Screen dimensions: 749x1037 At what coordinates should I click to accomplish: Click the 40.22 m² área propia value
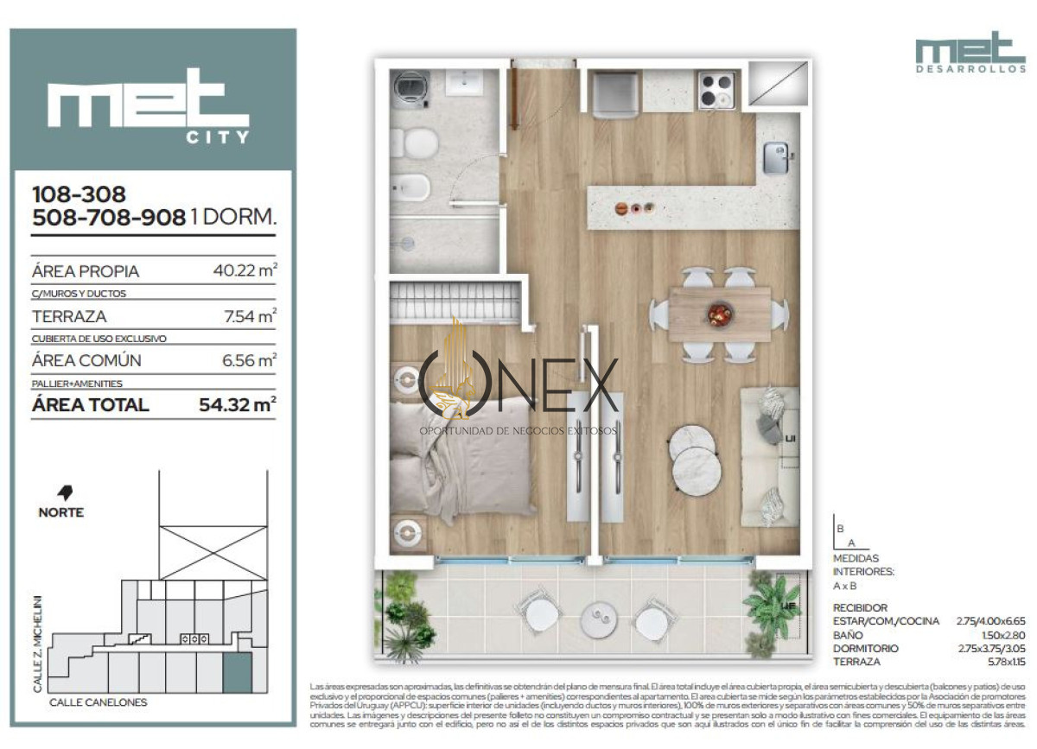coord(245,270)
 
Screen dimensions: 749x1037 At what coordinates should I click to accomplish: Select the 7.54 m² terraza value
coord(250,316)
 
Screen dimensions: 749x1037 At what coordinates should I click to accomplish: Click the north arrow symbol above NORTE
coord(64,493)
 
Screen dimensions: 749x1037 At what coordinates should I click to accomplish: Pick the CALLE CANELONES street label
coord(98,702)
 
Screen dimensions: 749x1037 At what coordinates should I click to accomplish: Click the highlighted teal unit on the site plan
coord(237,672)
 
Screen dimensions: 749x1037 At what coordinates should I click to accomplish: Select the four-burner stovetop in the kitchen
coord(716,89)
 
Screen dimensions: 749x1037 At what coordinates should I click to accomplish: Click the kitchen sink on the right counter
coord(774,158)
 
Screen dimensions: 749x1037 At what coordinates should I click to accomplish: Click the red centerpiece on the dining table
coord(719,314)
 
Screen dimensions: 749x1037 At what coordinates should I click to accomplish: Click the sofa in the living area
coord(771,455)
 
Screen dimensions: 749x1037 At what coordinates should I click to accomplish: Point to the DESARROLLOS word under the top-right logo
coord(970,68)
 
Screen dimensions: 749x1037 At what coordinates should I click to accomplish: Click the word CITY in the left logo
coord(218,136)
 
